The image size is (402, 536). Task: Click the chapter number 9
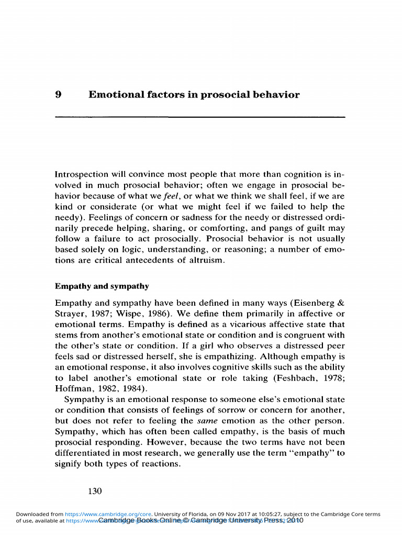tap(59, 95)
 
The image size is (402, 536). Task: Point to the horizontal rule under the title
tap(200, 116)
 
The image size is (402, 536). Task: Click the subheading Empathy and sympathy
tap(102, 286)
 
